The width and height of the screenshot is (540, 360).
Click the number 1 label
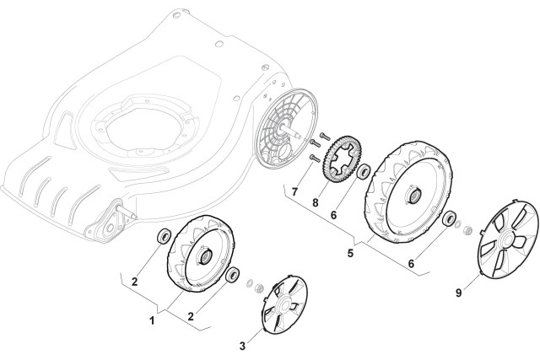coord(151,320)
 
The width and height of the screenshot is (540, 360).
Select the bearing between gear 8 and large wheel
coord(364,174)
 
